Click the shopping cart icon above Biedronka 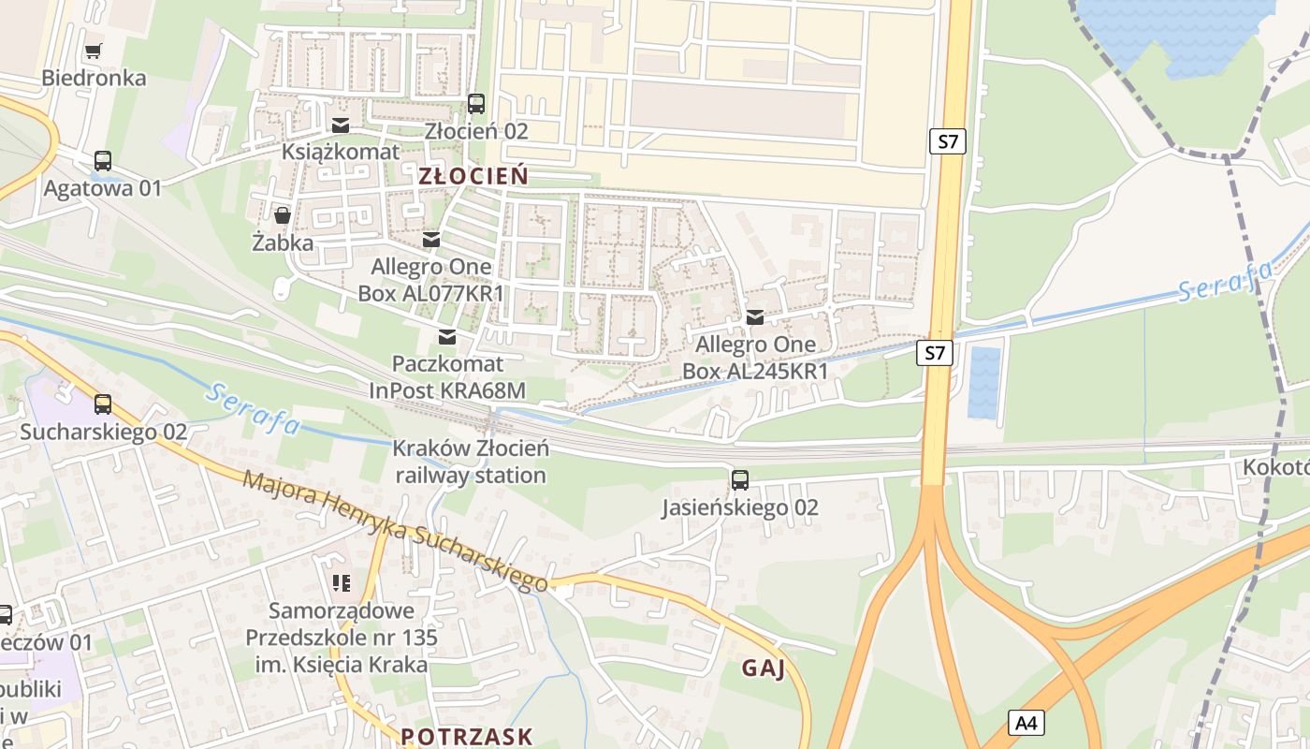point(93,51)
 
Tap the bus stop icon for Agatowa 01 point(103,161)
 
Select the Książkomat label point(341,151)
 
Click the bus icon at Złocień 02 point(476,104)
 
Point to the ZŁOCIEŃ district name point(473,176)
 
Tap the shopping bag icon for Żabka point(282,216)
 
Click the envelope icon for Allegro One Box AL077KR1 point(430,240)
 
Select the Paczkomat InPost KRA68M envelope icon point(447,336)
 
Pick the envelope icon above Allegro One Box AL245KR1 point(755,317)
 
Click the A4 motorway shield point(1026,723)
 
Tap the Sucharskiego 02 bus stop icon point(103,404)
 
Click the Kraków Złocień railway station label point(471,462)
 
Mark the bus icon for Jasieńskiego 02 point(740,480)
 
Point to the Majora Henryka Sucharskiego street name point(396,532)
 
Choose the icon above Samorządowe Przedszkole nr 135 point(341,584)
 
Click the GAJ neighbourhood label point(763,668)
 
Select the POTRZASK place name point(467,736)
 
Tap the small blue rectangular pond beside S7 point(983,382)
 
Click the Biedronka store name point(94,78)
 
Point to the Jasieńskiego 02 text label point(740,507)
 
